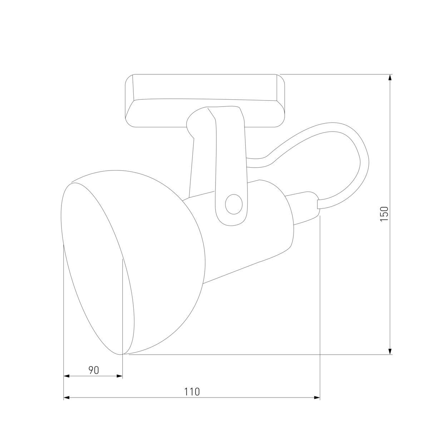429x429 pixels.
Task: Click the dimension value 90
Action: [x=93, y=370]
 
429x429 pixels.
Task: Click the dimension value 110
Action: [x=192, y=392]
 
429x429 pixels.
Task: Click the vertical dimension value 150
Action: [x=384, y=214]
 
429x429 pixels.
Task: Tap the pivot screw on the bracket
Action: [x=233, y=204]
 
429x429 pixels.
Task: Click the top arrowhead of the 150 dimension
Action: [x=390, y=79]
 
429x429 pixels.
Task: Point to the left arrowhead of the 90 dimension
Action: [x=67, y=376]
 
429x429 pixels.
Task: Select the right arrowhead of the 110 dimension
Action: [x=316, y=398]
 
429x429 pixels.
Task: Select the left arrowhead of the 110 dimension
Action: [x=67, y=398]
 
